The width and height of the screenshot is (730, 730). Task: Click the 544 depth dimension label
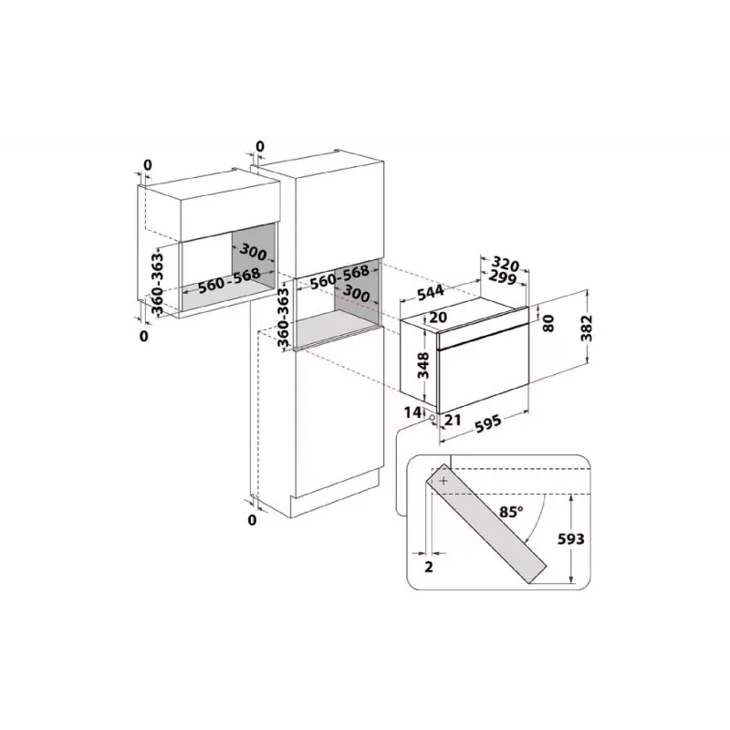[430, 292]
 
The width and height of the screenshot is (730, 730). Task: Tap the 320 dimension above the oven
[506, 264]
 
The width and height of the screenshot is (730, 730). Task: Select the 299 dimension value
[503, 277]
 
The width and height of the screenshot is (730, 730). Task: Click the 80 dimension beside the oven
[549, 323]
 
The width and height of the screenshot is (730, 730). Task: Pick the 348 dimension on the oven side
[423, 366]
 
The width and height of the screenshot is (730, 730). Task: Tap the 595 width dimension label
[488, 423]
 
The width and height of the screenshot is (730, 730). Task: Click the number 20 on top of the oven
[438, 317]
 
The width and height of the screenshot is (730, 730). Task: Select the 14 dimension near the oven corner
[412, 412]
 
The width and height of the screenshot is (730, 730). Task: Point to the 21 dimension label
[453, 420]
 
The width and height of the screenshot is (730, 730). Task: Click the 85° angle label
[511, 512]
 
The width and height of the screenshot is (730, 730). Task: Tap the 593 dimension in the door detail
[571, 538]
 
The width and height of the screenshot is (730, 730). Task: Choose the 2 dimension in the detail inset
[429, 567]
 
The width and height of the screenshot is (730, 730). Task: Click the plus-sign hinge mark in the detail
[443, 481]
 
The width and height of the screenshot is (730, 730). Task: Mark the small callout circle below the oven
[433, 418]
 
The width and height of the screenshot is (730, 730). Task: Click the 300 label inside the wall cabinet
[253, 252]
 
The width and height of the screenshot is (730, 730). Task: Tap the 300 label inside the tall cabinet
[356, 293]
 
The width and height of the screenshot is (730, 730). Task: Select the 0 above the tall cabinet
[260, 147]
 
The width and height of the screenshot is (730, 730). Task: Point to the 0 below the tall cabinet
[252, 519]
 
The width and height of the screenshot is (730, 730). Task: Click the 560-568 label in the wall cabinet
[229, 281]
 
